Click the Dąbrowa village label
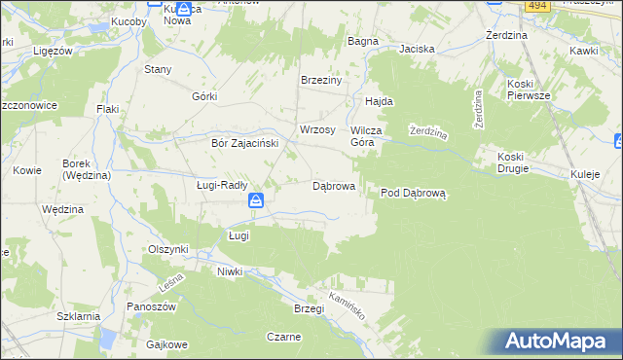coord(332,185)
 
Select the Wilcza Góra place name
coord(370,135)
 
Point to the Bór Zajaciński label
coord(245,142)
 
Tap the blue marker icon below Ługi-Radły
coord(255,201)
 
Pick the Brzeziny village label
coord(321,81)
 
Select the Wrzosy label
coord(317,129)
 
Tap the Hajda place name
coord(379,101)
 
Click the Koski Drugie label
coord(512,162)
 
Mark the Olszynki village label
coord(167,249)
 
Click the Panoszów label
coord(151,306)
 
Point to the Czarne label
coord(283,337)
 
